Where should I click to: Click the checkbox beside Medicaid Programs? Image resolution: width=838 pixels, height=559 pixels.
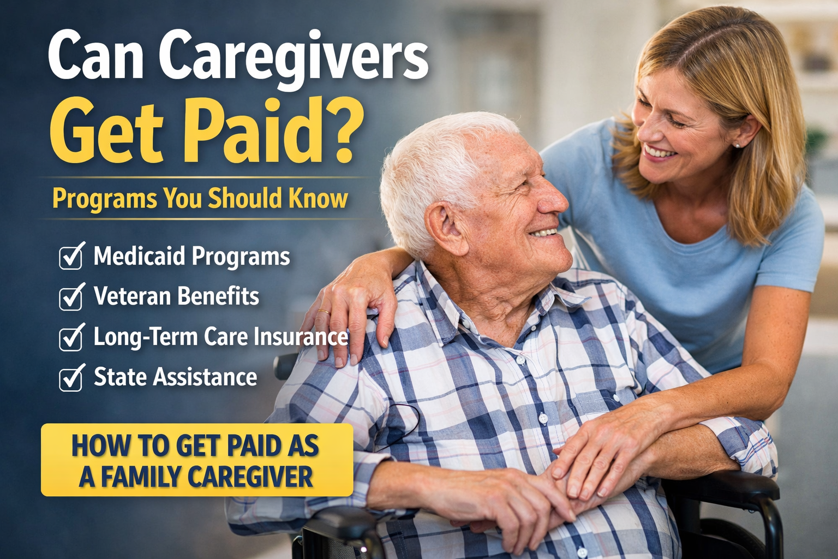70,257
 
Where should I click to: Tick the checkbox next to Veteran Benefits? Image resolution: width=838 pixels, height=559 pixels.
70,298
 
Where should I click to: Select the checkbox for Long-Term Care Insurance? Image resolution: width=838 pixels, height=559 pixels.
70,338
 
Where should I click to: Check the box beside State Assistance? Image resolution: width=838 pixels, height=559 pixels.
70,378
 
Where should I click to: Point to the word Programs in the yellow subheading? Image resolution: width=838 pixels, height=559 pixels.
104,199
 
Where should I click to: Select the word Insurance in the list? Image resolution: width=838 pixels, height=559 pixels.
300,337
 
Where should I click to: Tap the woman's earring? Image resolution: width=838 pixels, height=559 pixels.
738,146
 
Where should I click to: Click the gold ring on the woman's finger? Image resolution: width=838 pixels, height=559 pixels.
324,312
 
